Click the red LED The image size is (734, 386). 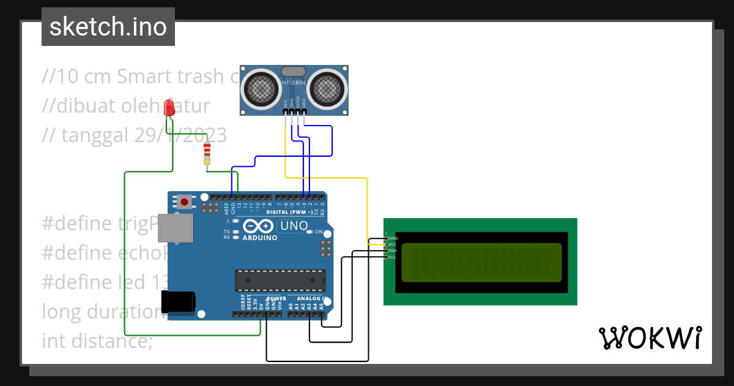point(169,108)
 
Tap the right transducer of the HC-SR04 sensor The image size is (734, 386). point(327,88)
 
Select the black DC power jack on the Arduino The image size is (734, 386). point(178,301)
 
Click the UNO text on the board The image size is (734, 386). point(294,226)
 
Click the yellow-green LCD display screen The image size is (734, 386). point(481,262)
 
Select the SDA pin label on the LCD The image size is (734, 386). point(393,251)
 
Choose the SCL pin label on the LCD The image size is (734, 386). point(393,257)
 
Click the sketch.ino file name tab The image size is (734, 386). point(108,27)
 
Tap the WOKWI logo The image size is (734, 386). point(649,338)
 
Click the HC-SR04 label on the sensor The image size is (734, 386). point(294,83)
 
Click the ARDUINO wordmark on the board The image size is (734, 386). point(260,238)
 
